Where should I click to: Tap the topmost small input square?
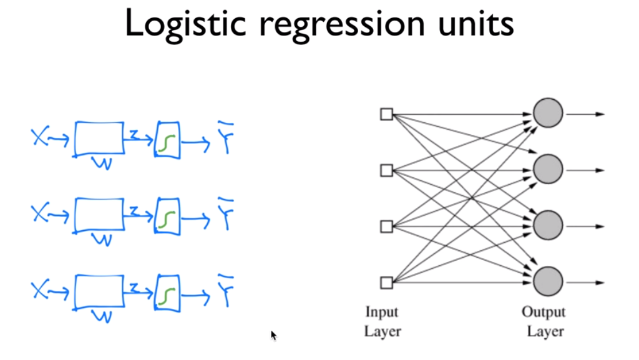[x=387, y=114]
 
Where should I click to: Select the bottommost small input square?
[x=387, y=283]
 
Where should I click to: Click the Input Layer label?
[x=381, y=321]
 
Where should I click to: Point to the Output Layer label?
[x=545, y=321]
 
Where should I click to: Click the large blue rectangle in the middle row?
[x=99, y=213]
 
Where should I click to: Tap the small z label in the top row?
[x=134, y=135]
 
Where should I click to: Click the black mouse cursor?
[x=273, y=335]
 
